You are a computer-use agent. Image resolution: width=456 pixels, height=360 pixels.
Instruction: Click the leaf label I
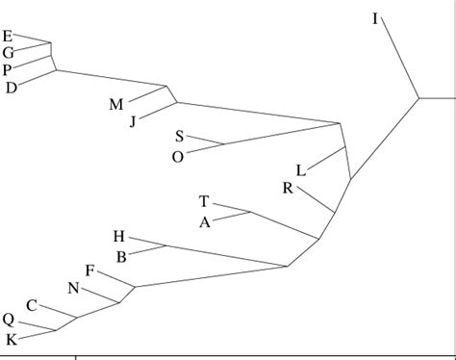click(374, 18)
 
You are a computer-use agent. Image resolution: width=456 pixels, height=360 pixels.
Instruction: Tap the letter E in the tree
click(8, 37)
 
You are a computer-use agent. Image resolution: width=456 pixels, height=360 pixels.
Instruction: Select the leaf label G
click(8, 53)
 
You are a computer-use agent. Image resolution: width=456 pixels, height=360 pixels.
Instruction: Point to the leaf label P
click(8, 70)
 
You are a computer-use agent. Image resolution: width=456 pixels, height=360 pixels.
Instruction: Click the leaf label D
click(12, 89)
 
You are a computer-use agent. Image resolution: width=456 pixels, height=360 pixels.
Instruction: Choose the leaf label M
click(115, 105)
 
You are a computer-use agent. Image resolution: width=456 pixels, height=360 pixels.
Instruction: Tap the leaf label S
click(180, 138)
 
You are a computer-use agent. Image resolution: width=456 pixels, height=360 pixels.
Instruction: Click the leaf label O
click(178, 156)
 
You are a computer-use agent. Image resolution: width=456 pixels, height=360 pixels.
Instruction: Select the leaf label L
click(300, 170)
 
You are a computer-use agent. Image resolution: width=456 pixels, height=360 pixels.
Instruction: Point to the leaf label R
click(288, 189)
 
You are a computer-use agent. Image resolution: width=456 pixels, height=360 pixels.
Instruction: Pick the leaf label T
click(204, 202)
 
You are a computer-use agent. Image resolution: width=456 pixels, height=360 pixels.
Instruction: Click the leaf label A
click(204, 222)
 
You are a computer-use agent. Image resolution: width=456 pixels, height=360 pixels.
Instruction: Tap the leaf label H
click(118, 237)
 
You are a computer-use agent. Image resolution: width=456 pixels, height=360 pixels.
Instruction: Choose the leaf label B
click(122, 257)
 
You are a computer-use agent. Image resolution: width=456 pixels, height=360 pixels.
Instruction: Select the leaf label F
click(89, 271)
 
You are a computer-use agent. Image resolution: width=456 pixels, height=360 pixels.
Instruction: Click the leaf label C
click(32, 306)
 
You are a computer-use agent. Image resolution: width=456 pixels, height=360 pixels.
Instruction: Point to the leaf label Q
click(9, 321)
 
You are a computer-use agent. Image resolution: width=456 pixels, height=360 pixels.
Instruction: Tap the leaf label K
click(12, 339)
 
